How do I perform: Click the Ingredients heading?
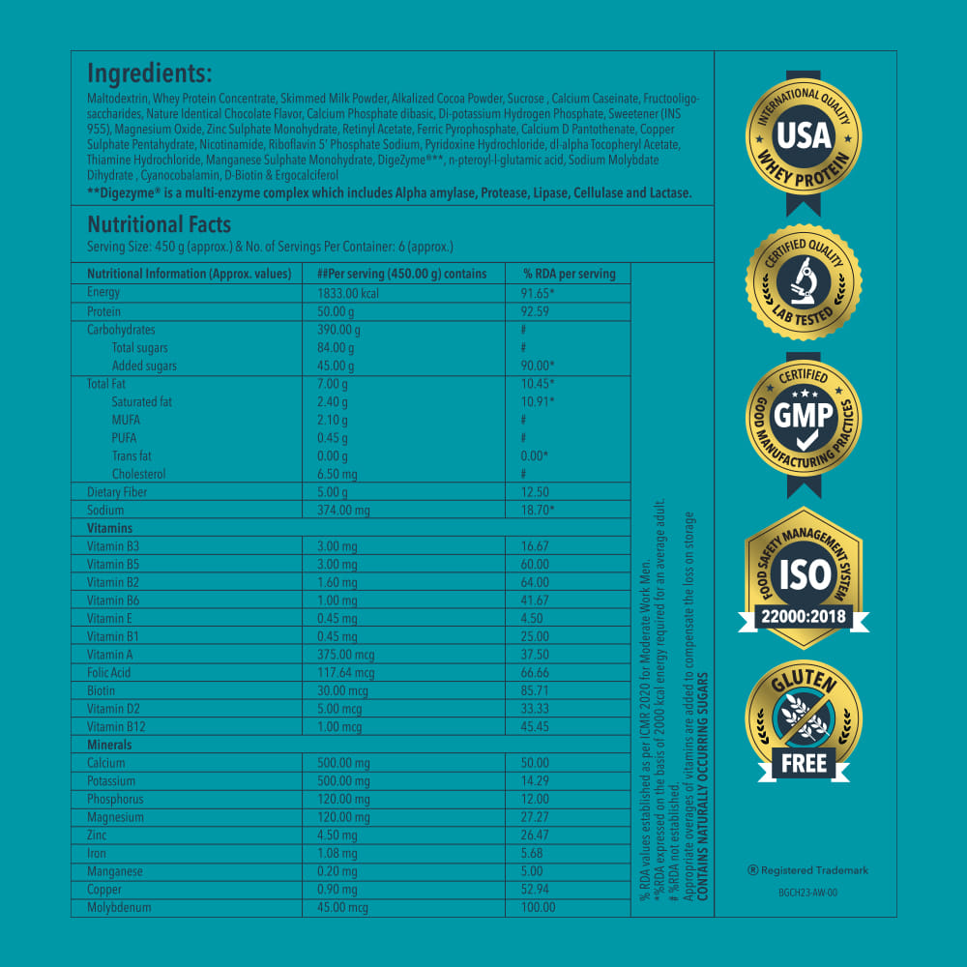click(149, 73)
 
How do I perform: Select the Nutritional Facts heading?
click(159, 225)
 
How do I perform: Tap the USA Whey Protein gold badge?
click(804, 136)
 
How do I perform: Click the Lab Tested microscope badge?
click(804, 281)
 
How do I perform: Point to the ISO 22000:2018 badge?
click(804, 574)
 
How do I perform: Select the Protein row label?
click(103, 311)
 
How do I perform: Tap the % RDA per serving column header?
click(569, 274)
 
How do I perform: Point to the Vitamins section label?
click(109, 528)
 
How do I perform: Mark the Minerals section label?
click(109, 745)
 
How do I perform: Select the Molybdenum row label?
click(119, 907)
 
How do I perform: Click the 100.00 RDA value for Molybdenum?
click(539, 907)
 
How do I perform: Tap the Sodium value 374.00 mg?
click(343, 510)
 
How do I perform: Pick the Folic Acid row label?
click(108, 672)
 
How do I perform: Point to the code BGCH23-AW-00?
click(806, 893)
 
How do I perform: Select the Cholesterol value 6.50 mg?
click(337, 474)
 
